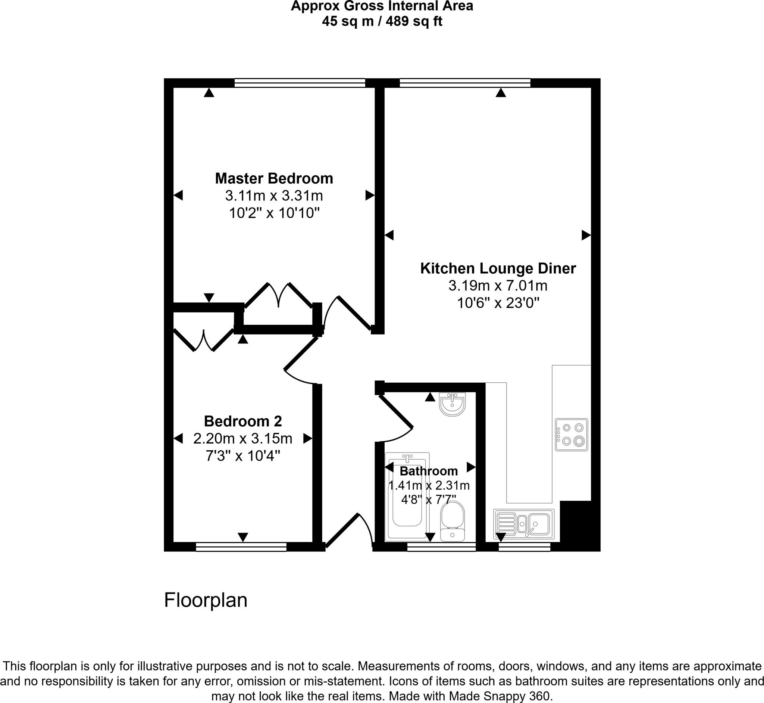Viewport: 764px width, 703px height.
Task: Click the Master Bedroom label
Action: point(274,178)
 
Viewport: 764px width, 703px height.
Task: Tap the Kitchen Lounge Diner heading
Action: point(498,268)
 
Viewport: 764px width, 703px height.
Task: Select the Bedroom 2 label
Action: point(243,422)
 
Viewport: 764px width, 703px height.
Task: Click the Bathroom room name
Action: point(428,471)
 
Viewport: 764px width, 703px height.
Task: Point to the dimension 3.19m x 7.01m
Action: point(498,286)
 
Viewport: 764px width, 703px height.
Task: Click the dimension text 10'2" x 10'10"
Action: point(274,213)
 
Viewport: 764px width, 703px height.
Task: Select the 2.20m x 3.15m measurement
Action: point(243,439)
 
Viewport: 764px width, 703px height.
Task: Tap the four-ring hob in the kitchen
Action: point(571,435)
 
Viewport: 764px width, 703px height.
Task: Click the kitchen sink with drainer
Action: point(524,524)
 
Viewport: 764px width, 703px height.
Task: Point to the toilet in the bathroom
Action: point(452,521)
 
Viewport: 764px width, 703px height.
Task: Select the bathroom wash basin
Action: point(452,404)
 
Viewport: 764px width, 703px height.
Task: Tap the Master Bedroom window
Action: point(300,83)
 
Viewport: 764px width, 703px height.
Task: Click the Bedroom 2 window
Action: point(241,547)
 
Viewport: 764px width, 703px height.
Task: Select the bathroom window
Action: point(441,547)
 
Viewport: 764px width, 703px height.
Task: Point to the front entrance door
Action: point(342,531)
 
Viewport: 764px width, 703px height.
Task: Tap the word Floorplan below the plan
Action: point(206,600)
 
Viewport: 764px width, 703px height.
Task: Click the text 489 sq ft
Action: point(414,21)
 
